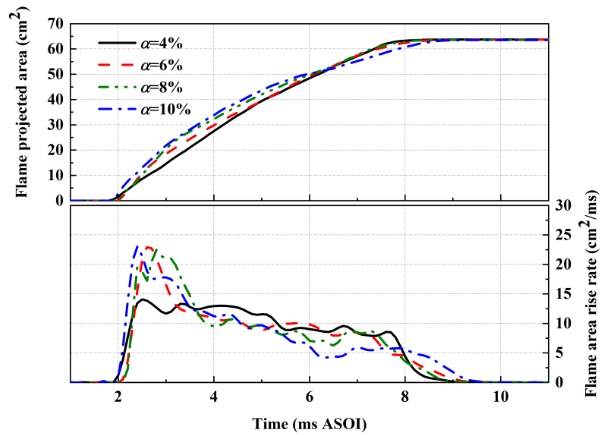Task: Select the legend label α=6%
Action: (x=161, y=65)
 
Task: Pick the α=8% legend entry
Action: (x=161, y=87)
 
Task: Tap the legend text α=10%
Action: (x=165, y=110)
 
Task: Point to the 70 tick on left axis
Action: (x=55, y=24)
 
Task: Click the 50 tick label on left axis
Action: (x=55, y=74)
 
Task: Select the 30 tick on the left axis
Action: (x=55, y=125)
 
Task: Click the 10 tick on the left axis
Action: (x=55, y=176)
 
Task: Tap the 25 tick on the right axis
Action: (x=563, y=235)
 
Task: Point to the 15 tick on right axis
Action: (x=563, y=294)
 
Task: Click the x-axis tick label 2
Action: (x=118, y=397)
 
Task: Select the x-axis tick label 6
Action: (x=309, y=397)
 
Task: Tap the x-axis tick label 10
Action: (x=501, y=397)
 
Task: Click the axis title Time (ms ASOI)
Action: (x=309, y=424)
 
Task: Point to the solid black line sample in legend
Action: (x=117, y=43)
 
